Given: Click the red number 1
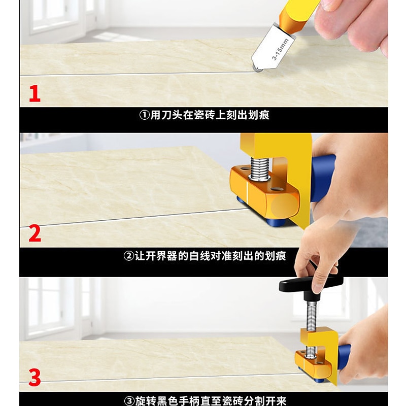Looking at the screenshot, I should coord(34,94).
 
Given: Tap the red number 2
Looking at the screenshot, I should coord(35,234).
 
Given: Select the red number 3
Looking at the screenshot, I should coord(35,378).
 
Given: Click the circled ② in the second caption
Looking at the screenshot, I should coord(127,256).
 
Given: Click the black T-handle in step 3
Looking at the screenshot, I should coord(311,285).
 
